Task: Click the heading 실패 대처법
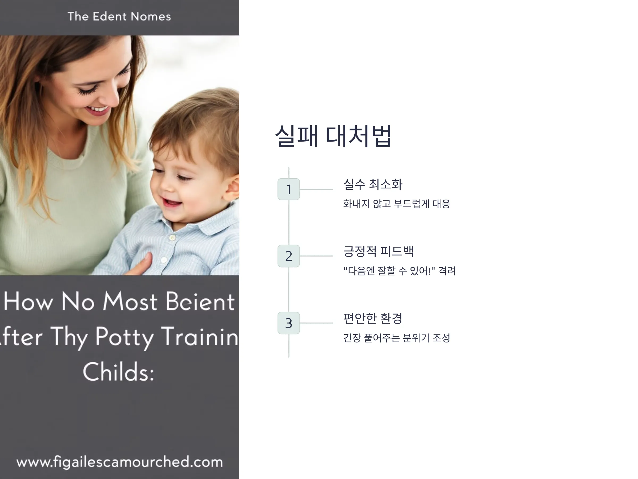pyautogui.click(x=333, y=136)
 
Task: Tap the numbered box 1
pyautogui.click(x=288, y=189)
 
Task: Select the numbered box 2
pyautogui.click(x=288, y=256)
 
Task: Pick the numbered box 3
pyautogui.click(x=288, y=323)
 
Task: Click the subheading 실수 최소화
pyautogui.click(x=373, y=184)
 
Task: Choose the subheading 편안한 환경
pyautogui.click(x=373, y=318)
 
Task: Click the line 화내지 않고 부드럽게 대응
pyautogui.click(x=397, y=204)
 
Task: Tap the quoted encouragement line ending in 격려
pyautogui.click(x=400, y=271)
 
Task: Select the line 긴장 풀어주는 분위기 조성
pyautogui.click(x=397, y=338)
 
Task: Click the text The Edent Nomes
pyautogui.click(x=119, y=16)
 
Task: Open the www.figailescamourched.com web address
pyautogui.click(x=120, y=462)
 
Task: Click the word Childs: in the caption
pyautogui.click(x=119, y=371)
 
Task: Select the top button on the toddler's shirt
pyautogui.click(x=172, y=238)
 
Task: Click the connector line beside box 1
pyautogui.click(x=316, y=189)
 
